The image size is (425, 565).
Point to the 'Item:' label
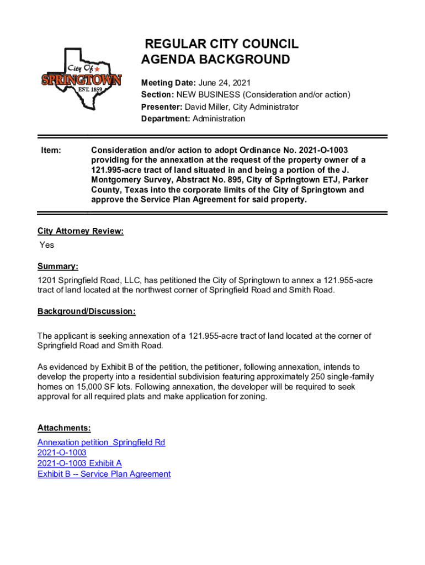coord(51,150)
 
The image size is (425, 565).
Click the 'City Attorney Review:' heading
coord(81,231)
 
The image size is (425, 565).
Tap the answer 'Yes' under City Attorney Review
coord(47,244)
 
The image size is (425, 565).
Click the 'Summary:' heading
coord(58,267)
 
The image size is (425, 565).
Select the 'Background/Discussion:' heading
coord(87,311)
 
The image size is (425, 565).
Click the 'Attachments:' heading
coord(64,428)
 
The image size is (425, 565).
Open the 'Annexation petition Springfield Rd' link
coord(102,443)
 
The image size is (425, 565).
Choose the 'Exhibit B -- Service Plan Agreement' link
coord(104,474)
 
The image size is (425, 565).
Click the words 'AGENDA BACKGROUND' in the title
coord(215,60)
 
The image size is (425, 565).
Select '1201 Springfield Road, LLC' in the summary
coord(88,280)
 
